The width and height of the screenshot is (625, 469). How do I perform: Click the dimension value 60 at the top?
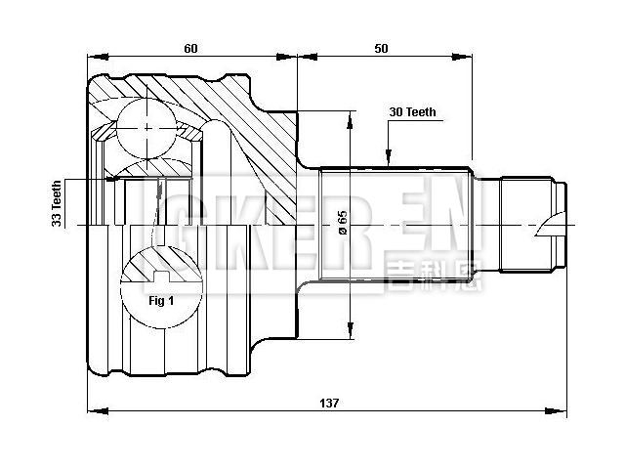click(x=189, y=47)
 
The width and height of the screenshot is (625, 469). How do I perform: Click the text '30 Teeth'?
click(x=411, y=112)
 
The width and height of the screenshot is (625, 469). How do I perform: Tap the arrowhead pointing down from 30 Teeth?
click(x=389, y=158)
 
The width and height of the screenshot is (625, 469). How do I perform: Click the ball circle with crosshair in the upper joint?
click(x=147, y=128)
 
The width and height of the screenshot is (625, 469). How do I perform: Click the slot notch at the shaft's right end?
click(x=556, y=226)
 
